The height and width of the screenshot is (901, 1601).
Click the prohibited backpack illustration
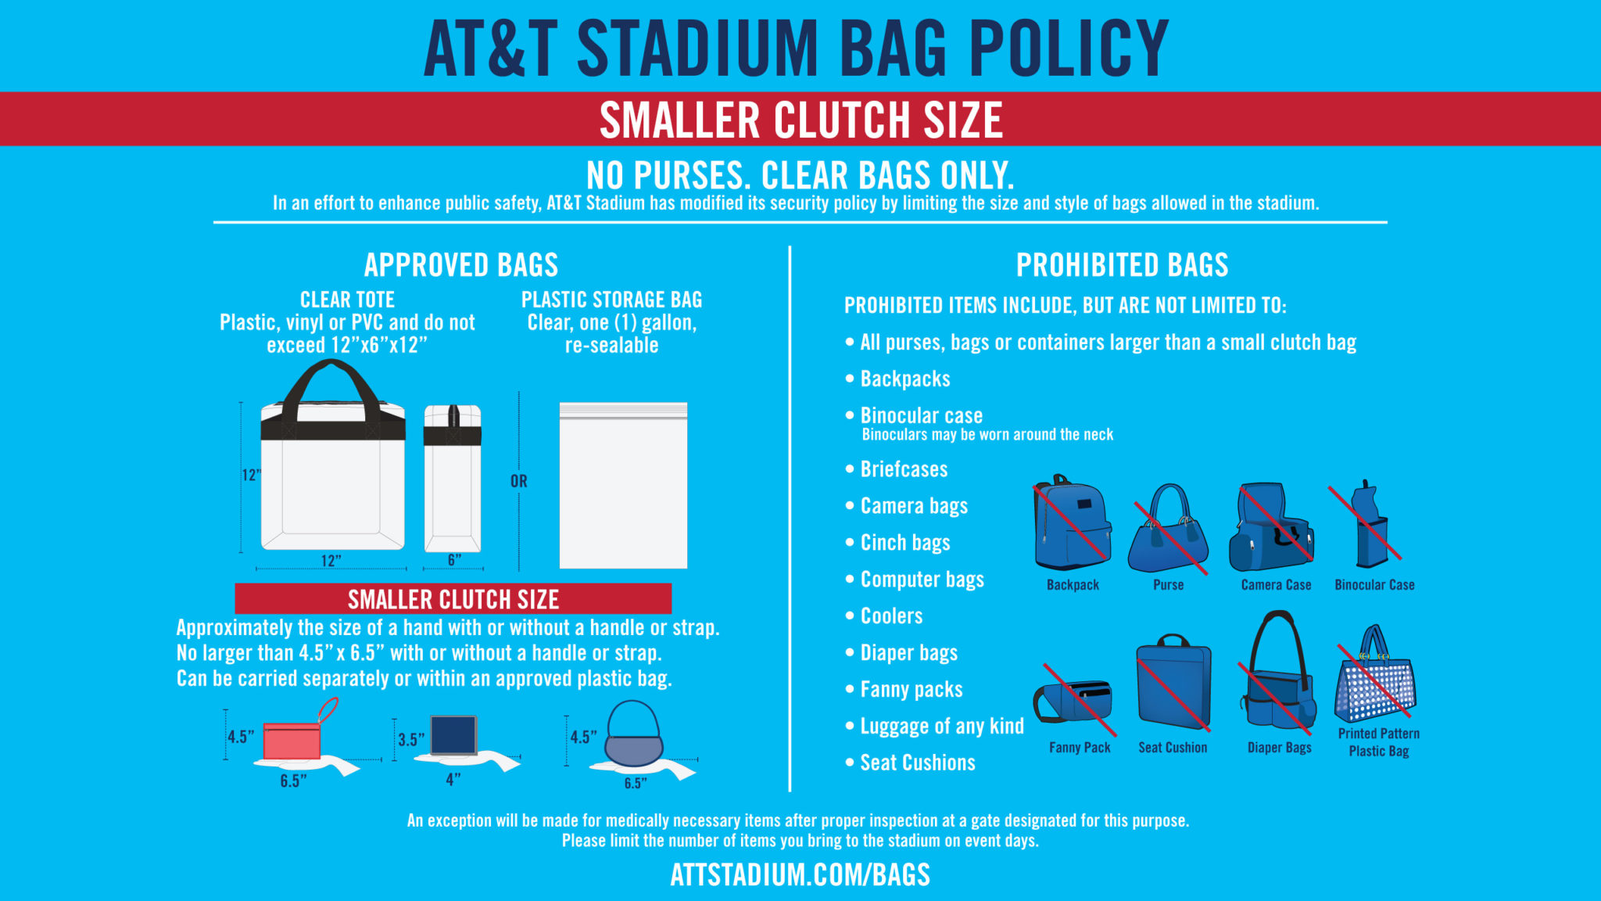1072,523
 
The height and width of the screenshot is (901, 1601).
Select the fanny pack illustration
1074,701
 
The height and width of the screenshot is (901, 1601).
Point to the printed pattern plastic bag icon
1376,677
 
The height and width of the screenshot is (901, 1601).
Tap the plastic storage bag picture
623,486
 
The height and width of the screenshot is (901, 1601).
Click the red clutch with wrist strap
292,740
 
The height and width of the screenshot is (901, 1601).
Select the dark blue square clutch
453,735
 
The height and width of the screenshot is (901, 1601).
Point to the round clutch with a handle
633,735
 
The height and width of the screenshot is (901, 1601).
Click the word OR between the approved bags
519,481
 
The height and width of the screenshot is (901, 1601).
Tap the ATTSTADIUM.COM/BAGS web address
800,874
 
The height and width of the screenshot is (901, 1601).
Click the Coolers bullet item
891,616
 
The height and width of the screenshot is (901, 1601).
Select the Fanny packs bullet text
911,690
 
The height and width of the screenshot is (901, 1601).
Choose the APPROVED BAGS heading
461,265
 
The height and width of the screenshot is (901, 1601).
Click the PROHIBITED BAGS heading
1122,265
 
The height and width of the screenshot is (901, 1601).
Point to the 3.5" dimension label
411,740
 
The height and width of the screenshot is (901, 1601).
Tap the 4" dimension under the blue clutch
453,780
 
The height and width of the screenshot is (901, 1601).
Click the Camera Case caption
1276,585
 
